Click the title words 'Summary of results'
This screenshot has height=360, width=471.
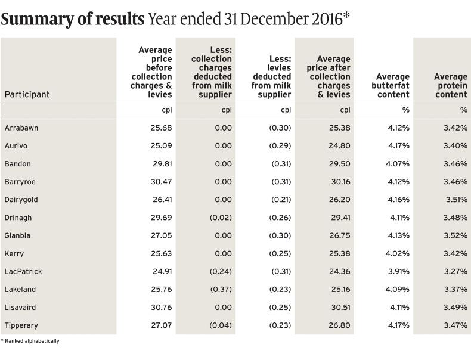pos(72,19)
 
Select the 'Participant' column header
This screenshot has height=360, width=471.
pos(27,94)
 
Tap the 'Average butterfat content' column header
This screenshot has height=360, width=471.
pos(393,85)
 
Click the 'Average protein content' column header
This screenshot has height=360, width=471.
pos(451,85)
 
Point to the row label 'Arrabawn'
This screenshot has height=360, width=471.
pos(21,128)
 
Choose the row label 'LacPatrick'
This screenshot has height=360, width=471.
pos(23,271)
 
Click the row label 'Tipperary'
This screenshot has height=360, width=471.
pos(22,325)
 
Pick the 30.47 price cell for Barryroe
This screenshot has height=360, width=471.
pos(162,182)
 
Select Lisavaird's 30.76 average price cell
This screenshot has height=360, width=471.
pos(162,307)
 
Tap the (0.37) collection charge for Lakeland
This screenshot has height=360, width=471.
pos(221,289)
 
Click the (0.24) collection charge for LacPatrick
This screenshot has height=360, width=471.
pos(221,271)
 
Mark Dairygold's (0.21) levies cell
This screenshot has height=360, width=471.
pos(281,200)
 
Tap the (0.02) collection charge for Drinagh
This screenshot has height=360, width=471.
pos(221,218)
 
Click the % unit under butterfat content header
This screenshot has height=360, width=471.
pos(405,110)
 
